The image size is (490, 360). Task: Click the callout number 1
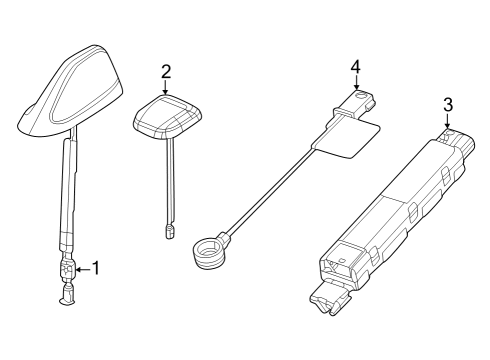[x=96, y=268]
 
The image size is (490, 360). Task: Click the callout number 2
[x=166, y=70]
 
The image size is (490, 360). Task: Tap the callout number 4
[x=354, y=67]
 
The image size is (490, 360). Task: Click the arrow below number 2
[x=166, y=86]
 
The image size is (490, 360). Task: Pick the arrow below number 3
[x=447, y=120]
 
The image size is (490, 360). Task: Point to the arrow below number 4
[x=354, y=84]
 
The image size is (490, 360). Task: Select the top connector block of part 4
[x=358, y=103]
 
